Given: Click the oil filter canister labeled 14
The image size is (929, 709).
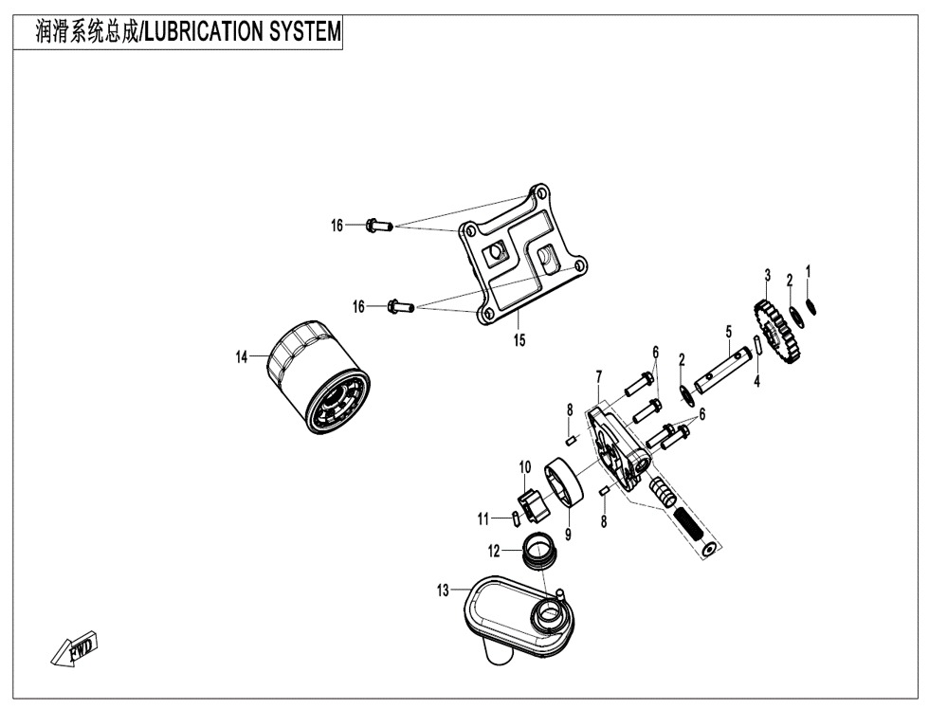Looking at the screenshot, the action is pos(320,378).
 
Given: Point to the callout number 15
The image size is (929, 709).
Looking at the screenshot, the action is pos(519,340).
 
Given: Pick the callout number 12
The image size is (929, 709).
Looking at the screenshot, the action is pos(494,552).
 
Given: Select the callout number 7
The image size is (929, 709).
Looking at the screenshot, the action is pos(599,376).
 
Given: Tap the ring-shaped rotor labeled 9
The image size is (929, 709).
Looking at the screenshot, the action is pos(564,482).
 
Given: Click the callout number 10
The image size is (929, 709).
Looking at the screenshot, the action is pos(525,467).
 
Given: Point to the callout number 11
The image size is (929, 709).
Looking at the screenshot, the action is pos(483,519).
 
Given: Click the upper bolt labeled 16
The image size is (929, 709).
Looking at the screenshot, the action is pos(380,225).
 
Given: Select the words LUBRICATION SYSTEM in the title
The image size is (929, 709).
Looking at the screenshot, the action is pos(243,31).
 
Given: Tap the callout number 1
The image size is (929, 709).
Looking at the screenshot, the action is pos(808,271).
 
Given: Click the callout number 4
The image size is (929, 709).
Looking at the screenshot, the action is pos(756,382).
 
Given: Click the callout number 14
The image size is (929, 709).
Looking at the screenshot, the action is pos(241,357).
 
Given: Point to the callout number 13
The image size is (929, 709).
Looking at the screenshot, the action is pos(444,591).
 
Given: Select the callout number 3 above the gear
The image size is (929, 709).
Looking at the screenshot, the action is pos(768,276).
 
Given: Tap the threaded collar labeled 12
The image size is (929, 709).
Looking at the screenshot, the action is pos(539,551).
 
